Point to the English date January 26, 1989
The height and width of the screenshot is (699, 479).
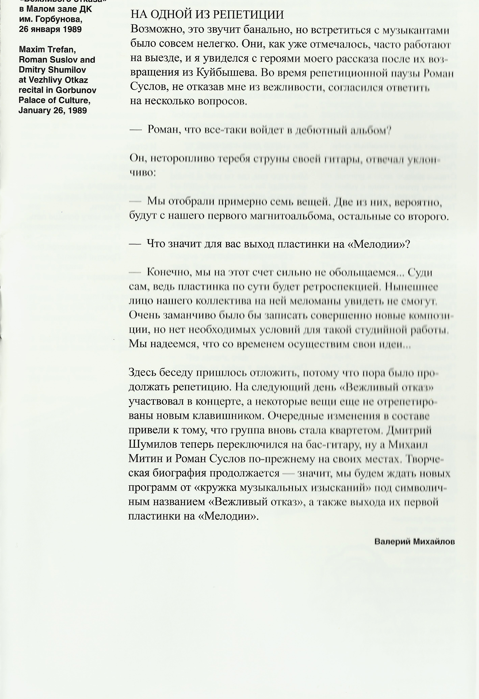[53, 110]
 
